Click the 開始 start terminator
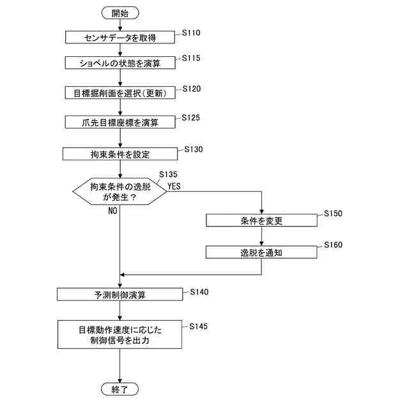coord(120,13)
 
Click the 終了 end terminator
coord(120,389)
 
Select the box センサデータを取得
coord(120,38)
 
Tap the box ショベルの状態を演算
coord(120,63)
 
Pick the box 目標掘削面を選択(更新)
coord(120,93)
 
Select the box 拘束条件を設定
coord(120,154)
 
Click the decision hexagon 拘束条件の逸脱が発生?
coord(120,192)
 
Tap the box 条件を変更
coord(261,220)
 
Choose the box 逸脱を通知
coord(261,252)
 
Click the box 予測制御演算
coord(120,295)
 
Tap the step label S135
coord(168,174)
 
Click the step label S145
coord(198,327)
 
